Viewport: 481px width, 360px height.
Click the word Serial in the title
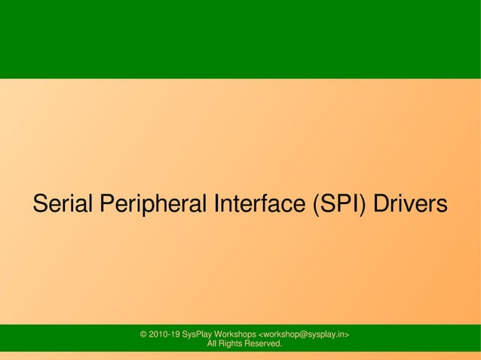pos(63,204)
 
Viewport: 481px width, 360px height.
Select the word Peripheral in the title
pos(153,204)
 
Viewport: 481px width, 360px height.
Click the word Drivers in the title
pos(411,204)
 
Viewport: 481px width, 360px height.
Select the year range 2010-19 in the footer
pos(164,334)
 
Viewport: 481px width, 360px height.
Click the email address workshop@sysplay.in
pos(304,334)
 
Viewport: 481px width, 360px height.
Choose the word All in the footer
pos(212,344)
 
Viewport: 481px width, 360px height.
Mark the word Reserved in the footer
pos(265,344)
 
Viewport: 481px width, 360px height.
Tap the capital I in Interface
pos(218,204)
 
